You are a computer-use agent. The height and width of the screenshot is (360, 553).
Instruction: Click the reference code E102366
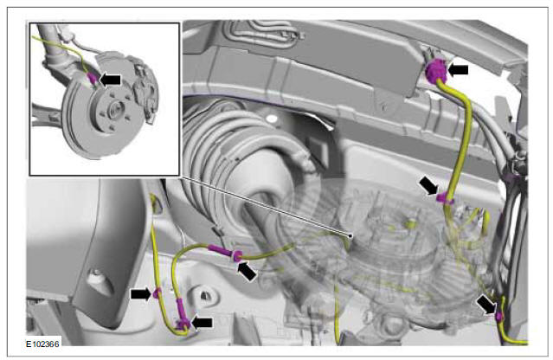click(x=42, y=344)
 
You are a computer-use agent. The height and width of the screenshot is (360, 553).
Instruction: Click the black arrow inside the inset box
click(x=111, y=80)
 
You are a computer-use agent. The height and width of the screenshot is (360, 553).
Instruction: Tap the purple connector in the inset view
click(x=92, y=78)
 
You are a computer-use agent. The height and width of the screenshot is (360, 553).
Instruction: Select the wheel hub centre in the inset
click(x=115, y=109)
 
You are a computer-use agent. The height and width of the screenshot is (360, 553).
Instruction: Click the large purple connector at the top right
click(x=436, y=70)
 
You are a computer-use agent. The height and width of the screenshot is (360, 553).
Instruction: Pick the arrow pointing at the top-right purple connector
click(x=458, y=69)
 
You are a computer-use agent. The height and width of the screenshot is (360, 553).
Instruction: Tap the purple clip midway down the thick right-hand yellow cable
click(x=444, y=197)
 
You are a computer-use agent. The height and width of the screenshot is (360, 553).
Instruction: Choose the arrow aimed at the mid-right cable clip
click(x=428, y=185)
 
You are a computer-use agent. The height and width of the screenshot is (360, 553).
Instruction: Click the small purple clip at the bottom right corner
click(x=499, y=316)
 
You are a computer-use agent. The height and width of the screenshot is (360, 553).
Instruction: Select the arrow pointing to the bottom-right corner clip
click(x=486, y=305)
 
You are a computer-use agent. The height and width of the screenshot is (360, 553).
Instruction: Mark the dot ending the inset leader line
click(x=350, y=236)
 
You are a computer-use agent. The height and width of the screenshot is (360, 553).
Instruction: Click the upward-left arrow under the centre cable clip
click(x=248, y=271)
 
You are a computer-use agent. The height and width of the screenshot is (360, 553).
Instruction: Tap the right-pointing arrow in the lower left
click(x=141, y=294)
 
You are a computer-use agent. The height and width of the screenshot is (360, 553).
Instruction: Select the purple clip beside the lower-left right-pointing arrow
click(x=157, y=292)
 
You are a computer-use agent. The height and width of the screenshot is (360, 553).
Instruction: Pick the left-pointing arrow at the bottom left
click(x=203, y=322)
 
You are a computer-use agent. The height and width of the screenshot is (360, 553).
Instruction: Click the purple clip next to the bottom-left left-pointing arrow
click(x=183, y=323)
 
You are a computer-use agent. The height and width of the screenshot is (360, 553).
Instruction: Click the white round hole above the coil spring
click(x=272, y=119)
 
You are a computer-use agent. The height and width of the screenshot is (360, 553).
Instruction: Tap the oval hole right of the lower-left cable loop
click(x=205, y=295)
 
